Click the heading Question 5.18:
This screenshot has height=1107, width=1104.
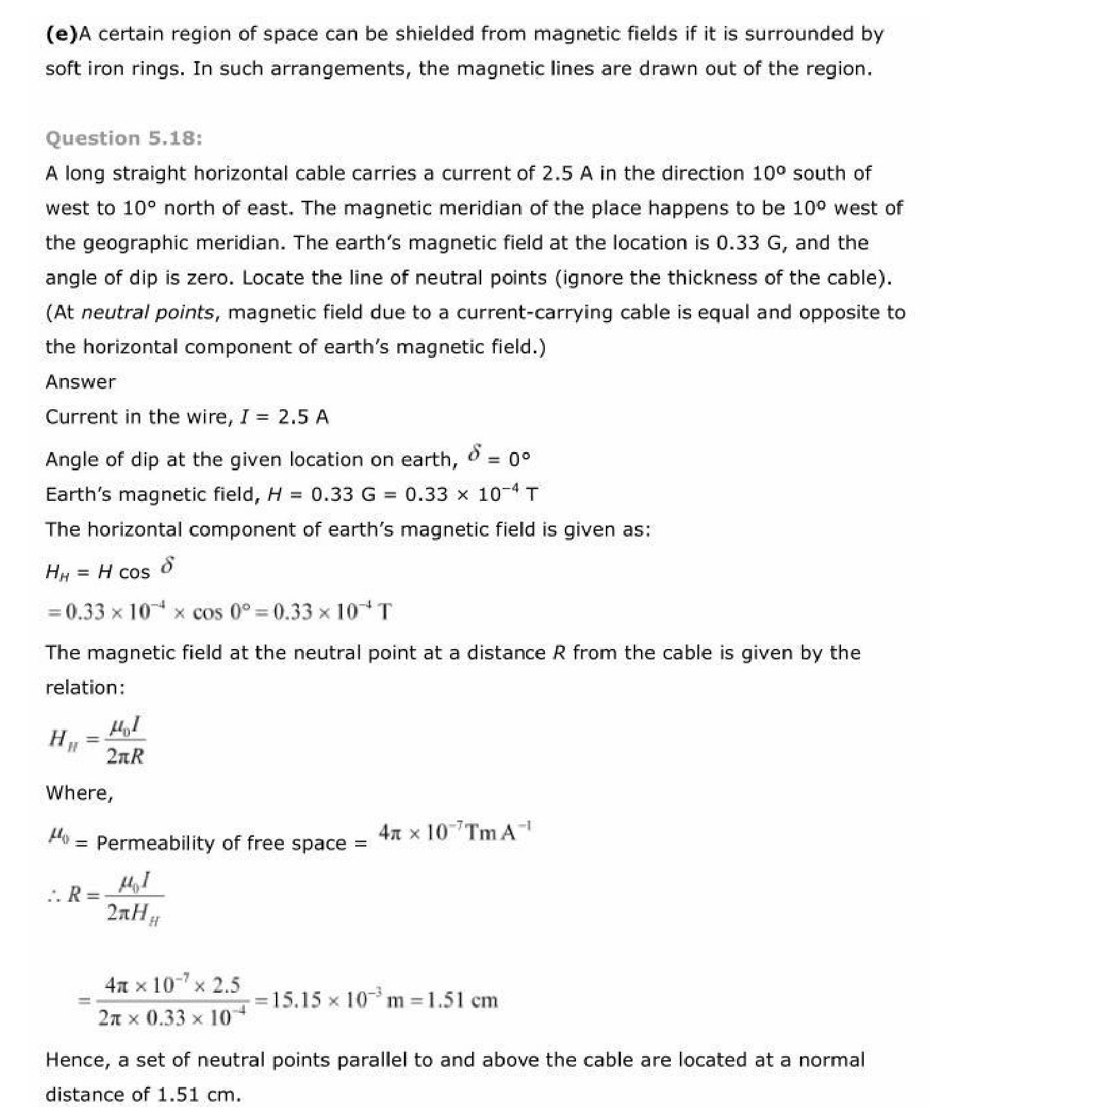[x=123, y=138]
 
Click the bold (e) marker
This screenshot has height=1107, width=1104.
[x=60, y=34]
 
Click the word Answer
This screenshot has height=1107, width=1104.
[x=81, y=382]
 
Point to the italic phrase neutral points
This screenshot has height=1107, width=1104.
[x=147, y=312]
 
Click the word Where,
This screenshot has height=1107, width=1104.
[x=79, y=793]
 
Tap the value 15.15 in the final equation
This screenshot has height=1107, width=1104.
[x=296, y=1000]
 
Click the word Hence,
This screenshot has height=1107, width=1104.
[x=77, y=1060]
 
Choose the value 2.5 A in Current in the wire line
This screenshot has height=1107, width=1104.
[x=303, y=417]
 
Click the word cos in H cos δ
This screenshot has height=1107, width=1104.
[x=134, y=572]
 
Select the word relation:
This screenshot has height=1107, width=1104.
[x=85, y=687]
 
